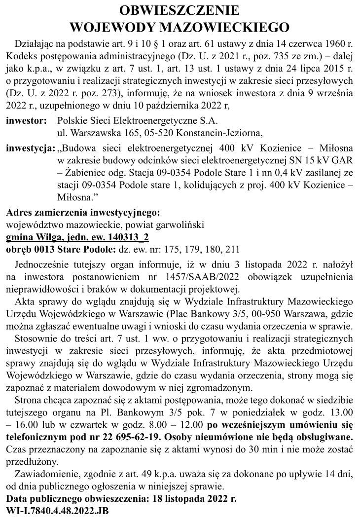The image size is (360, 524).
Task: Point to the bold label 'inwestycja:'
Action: pyautogui.click(x=31, y=148)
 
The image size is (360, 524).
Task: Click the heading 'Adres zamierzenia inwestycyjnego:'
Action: pyautogui.click(x=83, y=213)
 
